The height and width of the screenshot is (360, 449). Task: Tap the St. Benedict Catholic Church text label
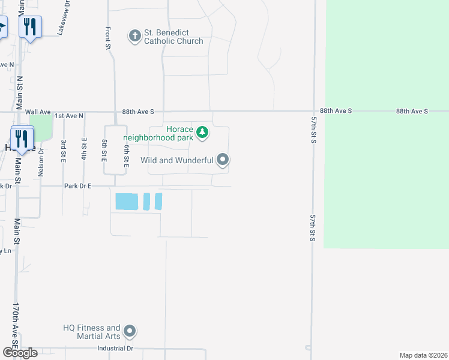[x=173, y=37]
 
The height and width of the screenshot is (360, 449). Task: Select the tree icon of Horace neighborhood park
[x=202, y=132]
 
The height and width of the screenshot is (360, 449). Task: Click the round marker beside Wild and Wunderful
[x=223, y=160]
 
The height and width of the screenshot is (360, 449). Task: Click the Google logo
[x=19, y=353]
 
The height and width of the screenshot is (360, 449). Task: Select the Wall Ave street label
[x=38, y=112]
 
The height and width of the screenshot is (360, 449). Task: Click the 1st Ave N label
[x=69, y=115]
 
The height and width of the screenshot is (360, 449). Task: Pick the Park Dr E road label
[x=78, y=187]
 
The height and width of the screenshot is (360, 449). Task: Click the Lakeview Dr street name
[x=64, y=18]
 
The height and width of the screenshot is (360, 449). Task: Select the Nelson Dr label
[x=41, y=161]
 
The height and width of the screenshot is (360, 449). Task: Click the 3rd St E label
[x=63, y=150]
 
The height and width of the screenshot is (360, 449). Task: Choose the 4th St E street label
[x=85, y=149]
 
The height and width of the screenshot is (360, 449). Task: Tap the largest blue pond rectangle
[x=126, y=202]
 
